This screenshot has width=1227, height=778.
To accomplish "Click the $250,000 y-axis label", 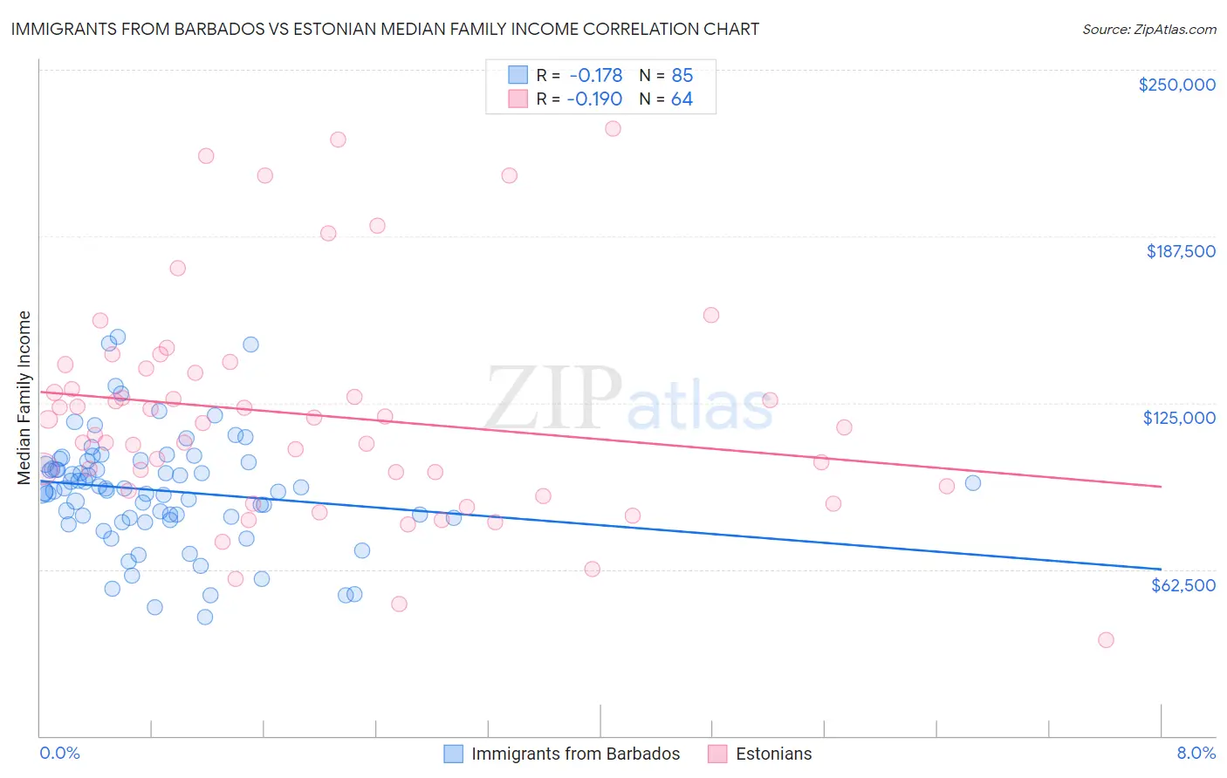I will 1176,85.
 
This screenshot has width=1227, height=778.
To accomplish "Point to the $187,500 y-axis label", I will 1180,251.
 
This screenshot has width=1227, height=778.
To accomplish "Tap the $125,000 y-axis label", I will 1179,418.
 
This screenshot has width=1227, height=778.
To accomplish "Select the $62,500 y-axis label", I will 1182,584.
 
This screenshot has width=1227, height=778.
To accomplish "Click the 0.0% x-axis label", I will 59,753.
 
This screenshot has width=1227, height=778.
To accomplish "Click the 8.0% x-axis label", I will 1196,753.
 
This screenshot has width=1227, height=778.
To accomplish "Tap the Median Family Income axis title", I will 24,398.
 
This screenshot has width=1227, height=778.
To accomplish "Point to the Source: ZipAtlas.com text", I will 1148,29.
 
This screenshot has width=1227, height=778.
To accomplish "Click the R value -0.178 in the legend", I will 594,75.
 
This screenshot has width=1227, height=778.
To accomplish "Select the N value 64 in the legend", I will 682,99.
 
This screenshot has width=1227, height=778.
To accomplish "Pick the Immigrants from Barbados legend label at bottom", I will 575,754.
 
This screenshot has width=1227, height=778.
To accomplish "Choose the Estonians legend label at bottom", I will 773,754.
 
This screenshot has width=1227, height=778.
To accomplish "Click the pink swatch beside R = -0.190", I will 518,99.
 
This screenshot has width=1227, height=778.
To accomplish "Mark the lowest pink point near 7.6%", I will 1106,639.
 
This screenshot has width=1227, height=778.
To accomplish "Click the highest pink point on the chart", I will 613,128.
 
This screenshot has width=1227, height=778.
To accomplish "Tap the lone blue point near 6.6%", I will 973,482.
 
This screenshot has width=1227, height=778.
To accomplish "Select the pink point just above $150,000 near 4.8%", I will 711,315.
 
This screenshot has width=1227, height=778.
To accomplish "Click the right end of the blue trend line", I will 1161,569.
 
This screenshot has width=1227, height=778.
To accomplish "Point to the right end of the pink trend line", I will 1161,486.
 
